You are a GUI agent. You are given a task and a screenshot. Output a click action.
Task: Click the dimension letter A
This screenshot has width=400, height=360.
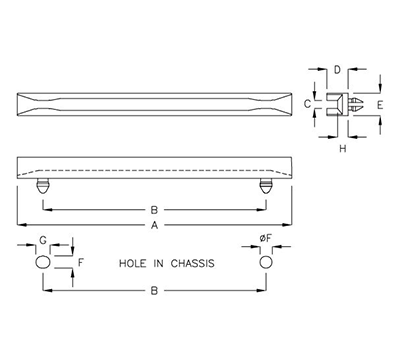pyautogui.click(x=154, y=225)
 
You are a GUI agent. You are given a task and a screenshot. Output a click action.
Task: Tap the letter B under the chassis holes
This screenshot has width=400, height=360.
pyautogui.click(x=154, y=291)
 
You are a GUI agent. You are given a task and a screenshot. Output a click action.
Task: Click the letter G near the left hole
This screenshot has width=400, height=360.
pyautogui.click(x=43, y=240)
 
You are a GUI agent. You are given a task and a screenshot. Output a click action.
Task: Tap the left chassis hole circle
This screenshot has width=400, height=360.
pyautogui.click(x=43, y=262)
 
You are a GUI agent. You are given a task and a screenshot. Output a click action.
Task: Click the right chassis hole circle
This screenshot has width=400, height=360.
pyautogui.click(x=265, y=262)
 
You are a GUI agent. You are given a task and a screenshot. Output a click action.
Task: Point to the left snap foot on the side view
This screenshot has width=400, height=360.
pyautogui.click(x=43, y=186)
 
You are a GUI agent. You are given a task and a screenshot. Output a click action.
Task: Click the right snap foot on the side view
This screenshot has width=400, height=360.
pyautogui.click(x=265, y=186)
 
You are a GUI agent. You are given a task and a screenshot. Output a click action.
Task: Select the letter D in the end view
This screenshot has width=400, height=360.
pyautogui.click(x=338, y=71)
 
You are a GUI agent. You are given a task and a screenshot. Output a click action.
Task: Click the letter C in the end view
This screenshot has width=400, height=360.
pyautogui.click(x=308, y=103)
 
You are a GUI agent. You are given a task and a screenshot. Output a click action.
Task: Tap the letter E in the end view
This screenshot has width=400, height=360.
pyautogui.click(x=378, y=102)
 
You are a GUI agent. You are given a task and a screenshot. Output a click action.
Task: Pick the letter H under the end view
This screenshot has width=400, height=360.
pyautogui.click(x=342, y=149)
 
